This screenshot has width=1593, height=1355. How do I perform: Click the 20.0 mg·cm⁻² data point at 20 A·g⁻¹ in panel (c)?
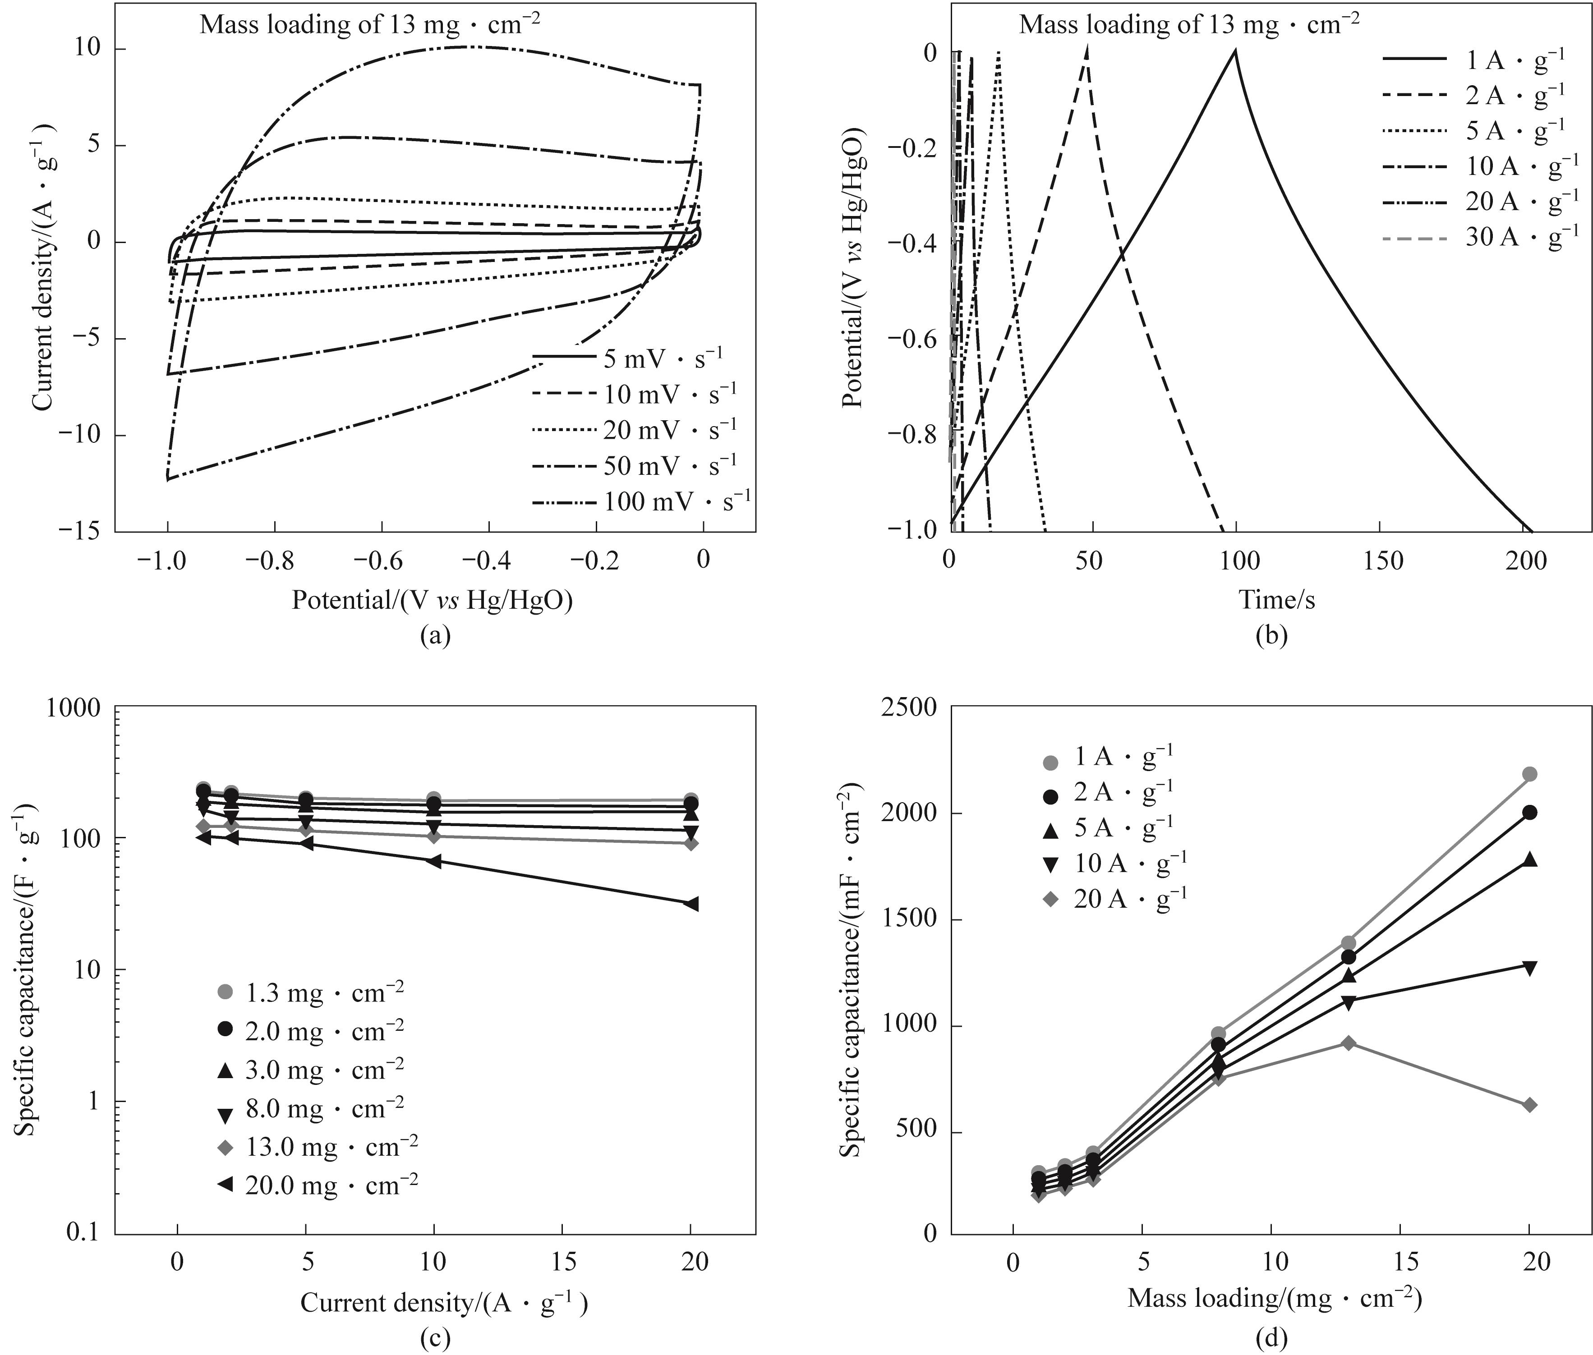coord(691,904)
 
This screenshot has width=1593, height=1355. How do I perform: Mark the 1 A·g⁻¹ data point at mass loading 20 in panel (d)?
coord(1529,774)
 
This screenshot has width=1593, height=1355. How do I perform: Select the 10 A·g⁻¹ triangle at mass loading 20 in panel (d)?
coord(1529,967)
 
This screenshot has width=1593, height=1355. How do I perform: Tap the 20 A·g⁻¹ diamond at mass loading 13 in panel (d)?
coord(1348,1043)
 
